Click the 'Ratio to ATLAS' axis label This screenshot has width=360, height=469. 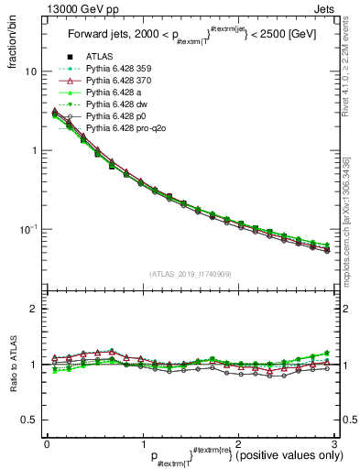(x=12, y=366)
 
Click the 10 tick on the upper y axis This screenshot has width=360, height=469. (x=29, y=71)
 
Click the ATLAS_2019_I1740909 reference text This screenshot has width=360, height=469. (x=190, y=274)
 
